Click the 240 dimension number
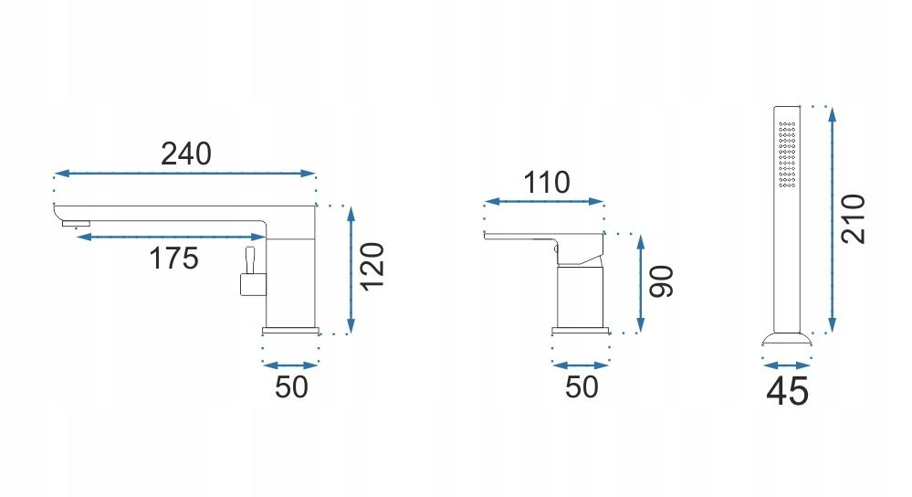(x=186, y=154)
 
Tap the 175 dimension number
(x=173, y=259)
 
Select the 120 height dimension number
(x=372, y=266)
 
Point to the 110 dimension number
(x=547, y=183)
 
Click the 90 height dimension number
(x=661, y=281)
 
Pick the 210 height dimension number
(x=854, y=219)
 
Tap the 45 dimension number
(x=788, y=391)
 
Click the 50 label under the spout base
(x=291, y=387)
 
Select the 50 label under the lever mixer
(x=582, y=387)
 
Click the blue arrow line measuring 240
(x=185, y=174)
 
